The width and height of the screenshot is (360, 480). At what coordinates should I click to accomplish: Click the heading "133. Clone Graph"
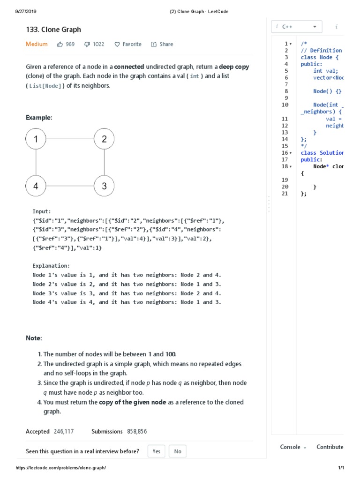point(53,30)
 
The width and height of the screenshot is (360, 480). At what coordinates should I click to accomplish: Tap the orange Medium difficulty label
point(37,44)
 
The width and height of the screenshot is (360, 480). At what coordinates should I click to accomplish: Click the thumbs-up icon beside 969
point(60,45)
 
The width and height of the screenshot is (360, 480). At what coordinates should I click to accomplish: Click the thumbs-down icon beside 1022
point(87,45)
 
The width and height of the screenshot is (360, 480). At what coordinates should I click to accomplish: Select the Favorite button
point(128,45)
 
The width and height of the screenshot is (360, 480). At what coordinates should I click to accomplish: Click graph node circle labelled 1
point(36,139)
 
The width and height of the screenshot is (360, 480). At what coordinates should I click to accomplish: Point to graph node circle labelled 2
point(104,139)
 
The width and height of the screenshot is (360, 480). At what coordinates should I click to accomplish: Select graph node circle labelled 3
point(104,186)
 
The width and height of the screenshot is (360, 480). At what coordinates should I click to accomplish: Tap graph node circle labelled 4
point(36,186)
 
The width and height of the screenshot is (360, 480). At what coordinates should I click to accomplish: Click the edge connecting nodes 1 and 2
point(70,139)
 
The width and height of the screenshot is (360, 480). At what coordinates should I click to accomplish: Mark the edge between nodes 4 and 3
point(70,186)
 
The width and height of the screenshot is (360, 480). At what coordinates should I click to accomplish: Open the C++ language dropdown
point(297,27)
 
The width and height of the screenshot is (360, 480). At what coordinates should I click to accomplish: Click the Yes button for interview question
point(156,451)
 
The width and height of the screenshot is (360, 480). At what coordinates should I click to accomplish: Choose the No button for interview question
point(177,451)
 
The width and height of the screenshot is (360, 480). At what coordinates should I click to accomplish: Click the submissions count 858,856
point(136,431)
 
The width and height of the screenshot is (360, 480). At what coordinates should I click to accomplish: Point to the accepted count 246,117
point(64,431)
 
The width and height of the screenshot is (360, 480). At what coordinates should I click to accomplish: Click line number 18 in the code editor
point(285,166)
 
